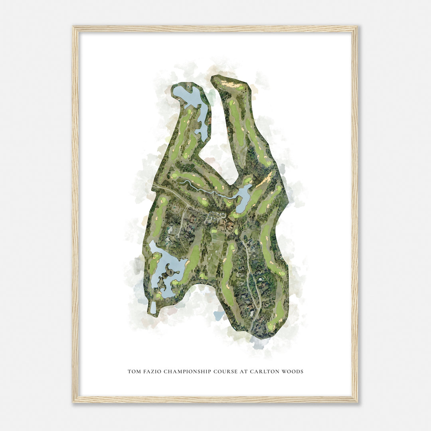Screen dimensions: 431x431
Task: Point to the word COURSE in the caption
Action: click(225, 372)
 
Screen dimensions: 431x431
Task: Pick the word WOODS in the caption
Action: click(292, 372)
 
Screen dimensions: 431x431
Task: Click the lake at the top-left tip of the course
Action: click(187, 96)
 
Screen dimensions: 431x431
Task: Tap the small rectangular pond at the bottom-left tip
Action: click(153, 307)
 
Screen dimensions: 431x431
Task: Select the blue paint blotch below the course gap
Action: click(219, 315)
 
